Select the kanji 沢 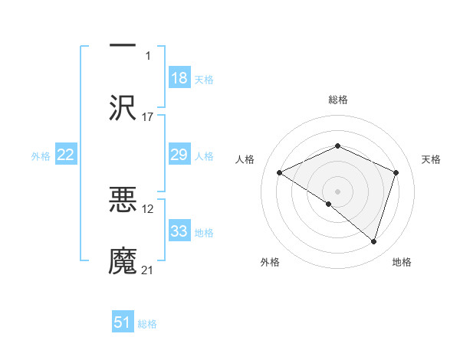tap(123, 106)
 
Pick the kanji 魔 tap(123, 260)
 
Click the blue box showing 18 tap(179, 77)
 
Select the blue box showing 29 tap(179, 155)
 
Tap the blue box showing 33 tap(179, 231)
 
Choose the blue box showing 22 tap(66, 155)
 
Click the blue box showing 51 tap(123, 322)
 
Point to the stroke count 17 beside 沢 tap(148, 117)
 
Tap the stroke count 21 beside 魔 tap(148, 270)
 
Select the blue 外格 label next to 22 tap(41, 156)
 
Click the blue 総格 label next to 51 tap(147, 324)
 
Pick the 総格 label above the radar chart tap(337, 100)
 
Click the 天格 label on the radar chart tap(432, 159)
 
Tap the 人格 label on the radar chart tap(245, 159)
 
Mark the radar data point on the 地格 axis tap(374, 242)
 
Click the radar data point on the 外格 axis tap(329, 204)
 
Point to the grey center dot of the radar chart tap(337, 191)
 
